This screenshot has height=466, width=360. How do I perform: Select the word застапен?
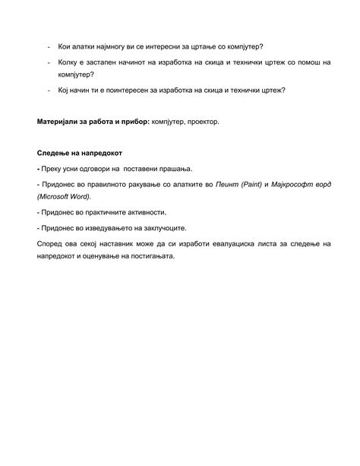109,62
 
